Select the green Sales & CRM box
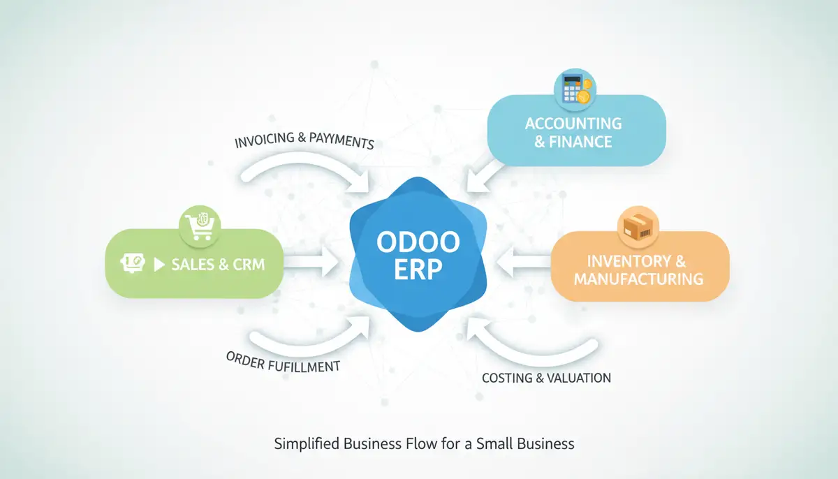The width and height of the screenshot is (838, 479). tap(194, 263)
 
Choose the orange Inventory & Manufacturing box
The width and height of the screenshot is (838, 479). tap(640, 269)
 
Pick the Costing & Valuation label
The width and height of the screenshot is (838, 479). tap(546, 378)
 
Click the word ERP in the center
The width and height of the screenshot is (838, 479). tap(418, 269)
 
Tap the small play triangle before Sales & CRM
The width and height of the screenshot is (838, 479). tap(159, 265)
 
